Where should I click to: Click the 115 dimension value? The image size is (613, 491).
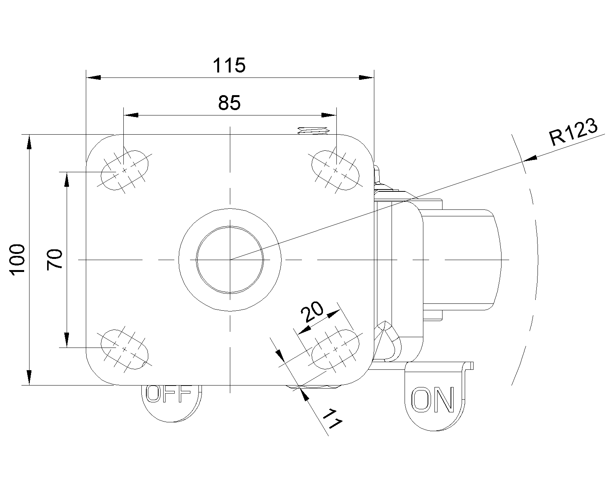(x=229, y=66)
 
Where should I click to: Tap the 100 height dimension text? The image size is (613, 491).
(x=18, y=259)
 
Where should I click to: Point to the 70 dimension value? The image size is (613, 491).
(x=54, y=259)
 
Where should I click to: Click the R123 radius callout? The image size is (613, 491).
(x=573, y=132)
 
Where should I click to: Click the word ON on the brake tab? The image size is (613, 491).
(x=433, y=399)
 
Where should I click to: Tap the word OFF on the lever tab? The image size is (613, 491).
(x=169, y=394)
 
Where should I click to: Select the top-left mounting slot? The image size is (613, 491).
(x=124, y=170)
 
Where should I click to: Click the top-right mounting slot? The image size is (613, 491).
(x=336, y=170)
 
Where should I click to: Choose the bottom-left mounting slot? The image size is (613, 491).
(x=124, y=349)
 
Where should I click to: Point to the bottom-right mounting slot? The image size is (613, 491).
(x=336, y=349)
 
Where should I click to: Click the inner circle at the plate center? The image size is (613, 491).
(x=230, y=260)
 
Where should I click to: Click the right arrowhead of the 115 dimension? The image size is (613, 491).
(x=366, y=77)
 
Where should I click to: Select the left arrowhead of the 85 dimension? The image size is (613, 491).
(x=131, y=115)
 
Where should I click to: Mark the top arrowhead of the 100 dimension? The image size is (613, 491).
(x=29, y=142)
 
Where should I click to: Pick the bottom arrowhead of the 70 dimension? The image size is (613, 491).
(x=67, y=340)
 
